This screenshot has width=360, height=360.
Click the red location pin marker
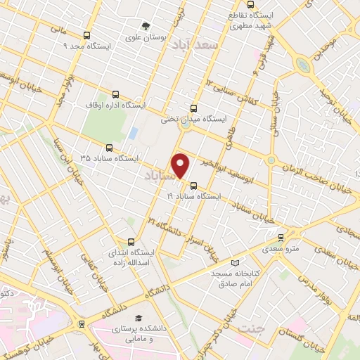click(x=181, y=165)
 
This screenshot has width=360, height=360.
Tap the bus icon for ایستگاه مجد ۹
click(x=86, y=35)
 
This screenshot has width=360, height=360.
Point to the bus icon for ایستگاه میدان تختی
click(x=193, y=108)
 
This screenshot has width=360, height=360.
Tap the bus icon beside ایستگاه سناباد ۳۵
click(x=108, y=148)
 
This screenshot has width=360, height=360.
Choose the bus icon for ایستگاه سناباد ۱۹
click(x=193, y=186)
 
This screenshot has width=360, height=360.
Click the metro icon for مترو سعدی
click(x=281, y=238)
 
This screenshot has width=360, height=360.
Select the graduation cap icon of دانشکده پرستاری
click(x=138, y=318)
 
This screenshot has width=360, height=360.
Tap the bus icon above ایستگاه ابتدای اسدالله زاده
click(x=129, y=240)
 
